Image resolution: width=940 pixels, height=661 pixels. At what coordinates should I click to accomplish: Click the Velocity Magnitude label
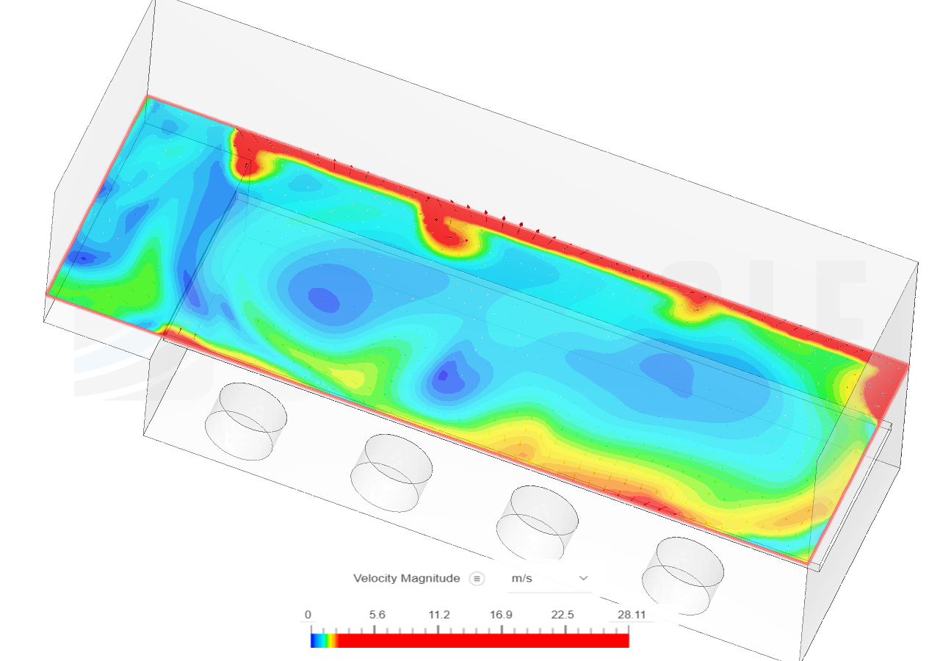(x=406, y=579)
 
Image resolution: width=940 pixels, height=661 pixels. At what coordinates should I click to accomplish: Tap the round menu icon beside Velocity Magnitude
(x=477, y=579)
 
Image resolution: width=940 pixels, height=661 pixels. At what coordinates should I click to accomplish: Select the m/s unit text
(x=521, y=579)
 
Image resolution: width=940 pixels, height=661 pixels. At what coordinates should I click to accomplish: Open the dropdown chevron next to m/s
(x=584, y=579)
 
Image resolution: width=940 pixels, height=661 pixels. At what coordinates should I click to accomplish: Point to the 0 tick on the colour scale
(x=308, y=615)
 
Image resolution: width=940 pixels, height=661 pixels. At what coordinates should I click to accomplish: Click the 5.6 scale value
(x=377, y=615)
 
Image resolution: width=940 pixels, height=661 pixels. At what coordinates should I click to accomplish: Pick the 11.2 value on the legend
(x=439, y=615)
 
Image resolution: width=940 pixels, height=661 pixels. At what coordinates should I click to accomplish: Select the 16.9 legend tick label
(x=502, y=615)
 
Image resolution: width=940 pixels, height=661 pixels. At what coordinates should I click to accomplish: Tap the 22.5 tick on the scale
(x=564, y=615)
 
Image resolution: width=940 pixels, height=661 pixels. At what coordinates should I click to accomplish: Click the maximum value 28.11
(x=632, y=615)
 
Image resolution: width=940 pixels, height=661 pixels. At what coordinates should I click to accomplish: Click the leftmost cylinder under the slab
(x=245, y=422)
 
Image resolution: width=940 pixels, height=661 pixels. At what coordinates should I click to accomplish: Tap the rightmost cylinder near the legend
(x=682, y=576)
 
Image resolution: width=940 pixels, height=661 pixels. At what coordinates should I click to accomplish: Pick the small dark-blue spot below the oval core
(x=442, y=377)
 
